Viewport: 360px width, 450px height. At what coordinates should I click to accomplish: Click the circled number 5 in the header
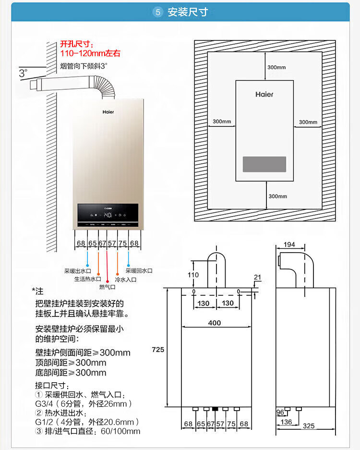tap(158, 12)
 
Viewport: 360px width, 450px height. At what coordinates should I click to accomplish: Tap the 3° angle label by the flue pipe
tap(23, 73)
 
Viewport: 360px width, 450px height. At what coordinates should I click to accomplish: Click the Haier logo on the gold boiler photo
tap(108, 111)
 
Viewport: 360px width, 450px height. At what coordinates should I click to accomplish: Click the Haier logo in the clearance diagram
tap(264, 95)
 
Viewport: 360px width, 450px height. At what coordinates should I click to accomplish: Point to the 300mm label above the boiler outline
tap(276, 67)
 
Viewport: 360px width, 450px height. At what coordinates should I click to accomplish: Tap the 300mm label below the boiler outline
tap(277, 196)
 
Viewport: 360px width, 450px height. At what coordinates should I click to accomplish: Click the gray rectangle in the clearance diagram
tap(264, 164)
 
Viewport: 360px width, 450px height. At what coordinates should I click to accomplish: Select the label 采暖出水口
tap(77, 271)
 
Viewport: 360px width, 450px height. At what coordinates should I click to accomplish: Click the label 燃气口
tap(107, 287)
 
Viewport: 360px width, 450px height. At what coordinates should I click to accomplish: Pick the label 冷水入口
tap(126, 279)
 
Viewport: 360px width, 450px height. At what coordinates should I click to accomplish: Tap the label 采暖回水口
tap(139, 271)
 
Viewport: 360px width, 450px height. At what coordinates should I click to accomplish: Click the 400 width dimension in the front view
tap(215, 323)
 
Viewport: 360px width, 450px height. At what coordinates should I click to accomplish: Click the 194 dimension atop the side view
tap(289, 245)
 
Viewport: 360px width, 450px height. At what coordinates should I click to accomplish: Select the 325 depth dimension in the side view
tap(309, 426)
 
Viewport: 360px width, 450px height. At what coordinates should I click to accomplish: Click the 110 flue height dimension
tap(193, 275)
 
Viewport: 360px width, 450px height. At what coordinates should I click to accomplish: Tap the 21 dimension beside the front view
tap(257, 278)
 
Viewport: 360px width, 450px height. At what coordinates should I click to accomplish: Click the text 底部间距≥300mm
tap(71, 373)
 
